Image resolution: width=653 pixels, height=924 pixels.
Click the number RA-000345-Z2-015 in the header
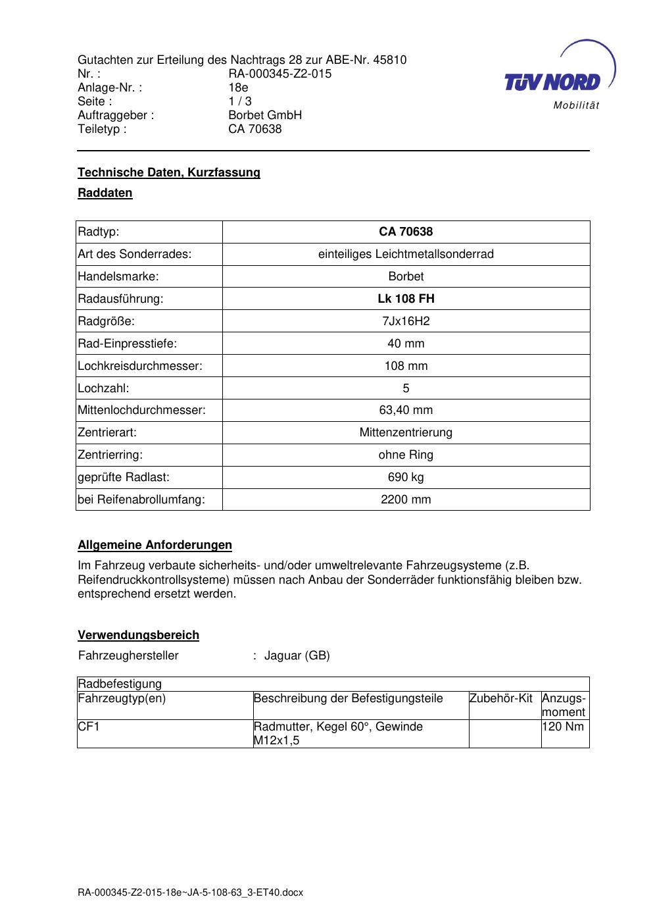pyautogui.click(x=279, y=74)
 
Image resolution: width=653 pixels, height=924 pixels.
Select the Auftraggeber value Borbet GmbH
pyautogui.click(x=265, y=115)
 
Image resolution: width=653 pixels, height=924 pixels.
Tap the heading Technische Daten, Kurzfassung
pyautogui.click(x=169, y=172)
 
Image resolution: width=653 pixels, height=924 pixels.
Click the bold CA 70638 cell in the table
pyautogui.click(x=406, y=232)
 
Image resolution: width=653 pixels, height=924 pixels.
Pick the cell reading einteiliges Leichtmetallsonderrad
pyautogui.click(x=406, y=254)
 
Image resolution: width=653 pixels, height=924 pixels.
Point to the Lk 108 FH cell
pyautogui.click(x=406, y=299)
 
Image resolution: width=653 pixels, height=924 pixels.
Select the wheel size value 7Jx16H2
pyautogui.click(x=406, y=321)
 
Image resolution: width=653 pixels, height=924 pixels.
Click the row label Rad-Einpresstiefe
pyautogui.click(x=127, y=344)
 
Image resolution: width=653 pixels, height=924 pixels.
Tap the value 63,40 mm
pyautogui.click(x=406, y=410)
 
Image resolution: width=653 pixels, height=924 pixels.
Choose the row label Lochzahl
pyautogui.click(x=103, y=388)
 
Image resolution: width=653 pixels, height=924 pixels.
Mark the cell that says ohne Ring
pyautogui.click(x=406, y=455)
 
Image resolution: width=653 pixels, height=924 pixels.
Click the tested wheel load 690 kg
pyautogui.click(x=406, y=477)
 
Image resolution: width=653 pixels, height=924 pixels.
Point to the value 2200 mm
pyautogui.click(x=406, y=500)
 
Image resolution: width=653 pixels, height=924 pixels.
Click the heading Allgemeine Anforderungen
pyautogui.click(x=155, y=545)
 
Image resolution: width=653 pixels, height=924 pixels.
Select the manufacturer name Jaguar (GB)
pyautogui.click(x=297, y=655)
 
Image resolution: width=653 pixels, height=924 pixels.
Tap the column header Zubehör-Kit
pyautogui.click(x=500, y=698)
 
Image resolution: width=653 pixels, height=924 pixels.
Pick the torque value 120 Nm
pyautogui.click(x=563, y=727)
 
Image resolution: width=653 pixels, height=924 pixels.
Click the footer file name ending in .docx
pyautogui.click(x=190, y=893)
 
